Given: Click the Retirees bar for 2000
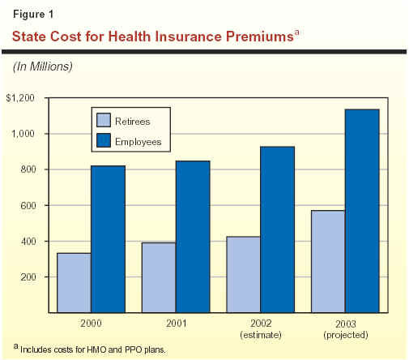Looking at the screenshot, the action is click(74, 283).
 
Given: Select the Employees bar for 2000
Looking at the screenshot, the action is click(108, 239).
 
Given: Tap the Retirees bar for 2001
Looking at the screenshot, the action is click(159, 277).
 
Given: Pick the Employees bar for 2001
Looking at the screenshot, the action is click(193, 237).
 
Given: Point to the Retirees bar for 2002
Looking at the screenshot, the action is click(244, 275).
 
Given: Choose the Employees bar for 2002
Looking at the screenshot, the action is click(278, 229).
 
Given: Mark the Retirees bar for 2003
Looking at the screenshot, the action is click(328, 261).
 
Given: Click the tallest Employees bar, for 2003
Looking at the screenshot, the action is click(362, 211).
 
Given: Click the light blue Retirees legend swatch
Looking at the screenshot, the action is click(104, 120).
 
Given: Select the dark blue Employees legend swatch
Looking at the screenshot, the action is click(104, 140).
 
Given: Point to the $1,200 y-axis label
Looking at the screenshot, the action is click(20, 98).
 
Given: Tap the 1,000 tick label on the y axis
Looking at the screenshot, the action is click(23, 134).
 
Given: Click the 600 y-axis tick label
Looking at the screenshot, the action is click(28, 206).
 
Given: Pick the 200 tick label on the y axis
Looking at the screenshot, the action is click(28, 277).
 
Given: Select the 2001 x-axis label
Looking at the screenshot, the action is click(176, 324).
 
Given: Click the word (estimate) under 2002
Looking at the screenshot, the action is click(261, 335).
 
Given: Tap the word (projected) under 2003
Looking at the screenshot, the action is click(346, 335).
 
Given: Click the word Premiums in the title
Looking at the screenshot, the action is click(260, 36).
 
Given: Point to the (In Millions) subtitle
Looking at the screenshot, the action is click(43, 66).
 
